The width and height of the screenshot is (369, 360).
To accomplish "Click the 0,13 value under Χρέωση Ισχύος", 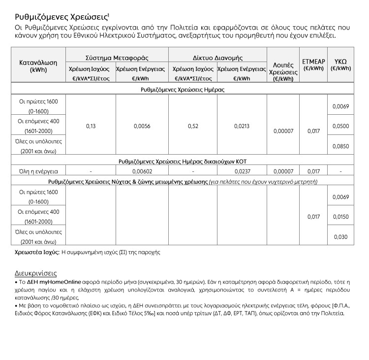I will [x=91, y=126].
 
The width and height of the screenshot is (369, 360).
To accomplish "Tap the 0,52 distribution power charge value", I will [x=192, y=126].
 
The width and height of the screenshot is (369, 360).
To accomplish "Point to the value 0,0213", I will [x=242, y=126].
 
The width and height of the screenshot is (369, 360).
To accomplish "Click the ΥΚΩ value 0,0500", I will [x=340, y=126].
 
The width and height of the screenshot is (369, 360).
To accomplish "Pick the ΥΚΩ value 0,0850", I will [x=340, y=146].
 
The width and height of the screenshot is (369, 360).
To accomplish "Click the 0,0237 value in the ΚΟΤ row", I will [x=242, y=171].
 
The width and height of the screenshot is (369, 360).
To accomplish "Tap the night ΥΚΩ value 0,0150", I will [x=340, y=217].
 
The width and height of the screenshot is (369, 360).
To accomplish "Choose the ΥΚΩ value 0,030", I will [x=340, y=237].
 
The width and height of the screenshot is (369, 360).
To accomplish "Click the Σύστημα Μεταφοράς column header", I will [x=117, y=58].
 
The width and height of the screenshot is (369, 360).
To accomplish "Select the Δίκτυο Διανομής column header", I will [x=217, y=58].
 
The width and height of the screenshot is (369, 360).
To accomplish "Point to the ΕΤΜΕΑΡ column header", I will [x=313, y=65].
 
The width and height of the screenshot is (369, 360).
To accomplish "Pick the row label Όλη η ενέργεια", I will [x=38, y=171].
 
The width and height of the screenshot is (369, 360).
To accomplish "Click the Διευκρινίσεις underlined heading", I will [x=35, y=273].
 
